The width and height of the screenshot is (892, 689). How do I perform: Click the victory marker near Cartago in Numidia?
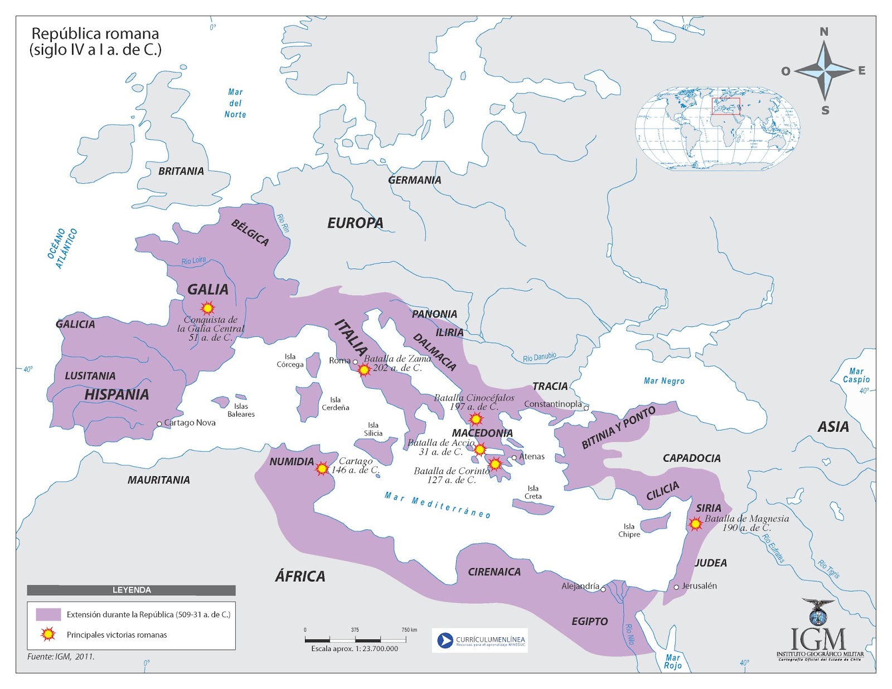click(x=322, y=468)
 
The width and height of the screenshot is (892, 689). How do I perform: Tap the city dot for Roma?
click(x=355, y=362)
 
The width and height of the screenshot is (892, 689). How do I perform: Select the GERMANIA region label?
click(x=414, y=180)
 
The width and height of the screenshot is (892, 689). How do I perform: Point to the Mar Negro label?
click(x=663, y=381)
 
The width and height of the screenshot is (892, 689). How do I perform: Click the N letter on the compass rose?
click(x=824, y=32)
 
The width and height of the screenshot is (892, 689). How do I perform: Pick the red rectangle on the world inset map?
click(x=725, y=106)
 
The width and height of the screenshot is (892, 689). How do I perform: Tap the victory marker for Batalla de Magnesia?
click(x=695, y=524)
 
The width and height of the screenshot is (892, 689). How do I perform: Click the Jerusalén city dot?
click(x=676, y=587)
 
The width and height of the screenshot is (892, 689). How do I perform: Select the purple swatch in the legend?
click(x=48, y=614)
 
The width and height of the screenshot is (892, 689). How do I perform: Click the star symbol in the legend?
click(x=49, y=634)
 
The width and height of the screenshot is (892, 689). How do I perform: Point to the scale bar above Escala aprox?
click(x=355, y=640)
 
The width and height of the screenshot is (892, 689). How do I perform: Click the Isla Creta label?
click(x=533, y=492)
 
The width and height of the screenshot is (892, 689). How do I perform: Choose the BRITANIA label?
click(x=181, y=171)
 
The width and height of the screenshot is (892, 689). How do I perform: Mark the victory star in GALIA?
click(x=207, y=307)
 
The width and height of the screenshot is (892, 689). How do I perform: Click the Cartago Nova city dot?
click(x=159, y=424)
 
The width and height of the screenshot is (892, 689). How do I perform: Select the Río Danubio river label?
click(x=539, y=357)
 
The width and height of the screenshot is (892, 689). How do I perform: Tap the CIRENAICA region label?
click(x=494, y=571)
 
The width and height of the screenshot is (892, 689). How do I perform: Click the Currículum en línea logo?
click(x=479, y=641)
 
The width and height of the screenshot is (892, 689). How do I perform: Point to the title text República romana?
click(x=95, y=33)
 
